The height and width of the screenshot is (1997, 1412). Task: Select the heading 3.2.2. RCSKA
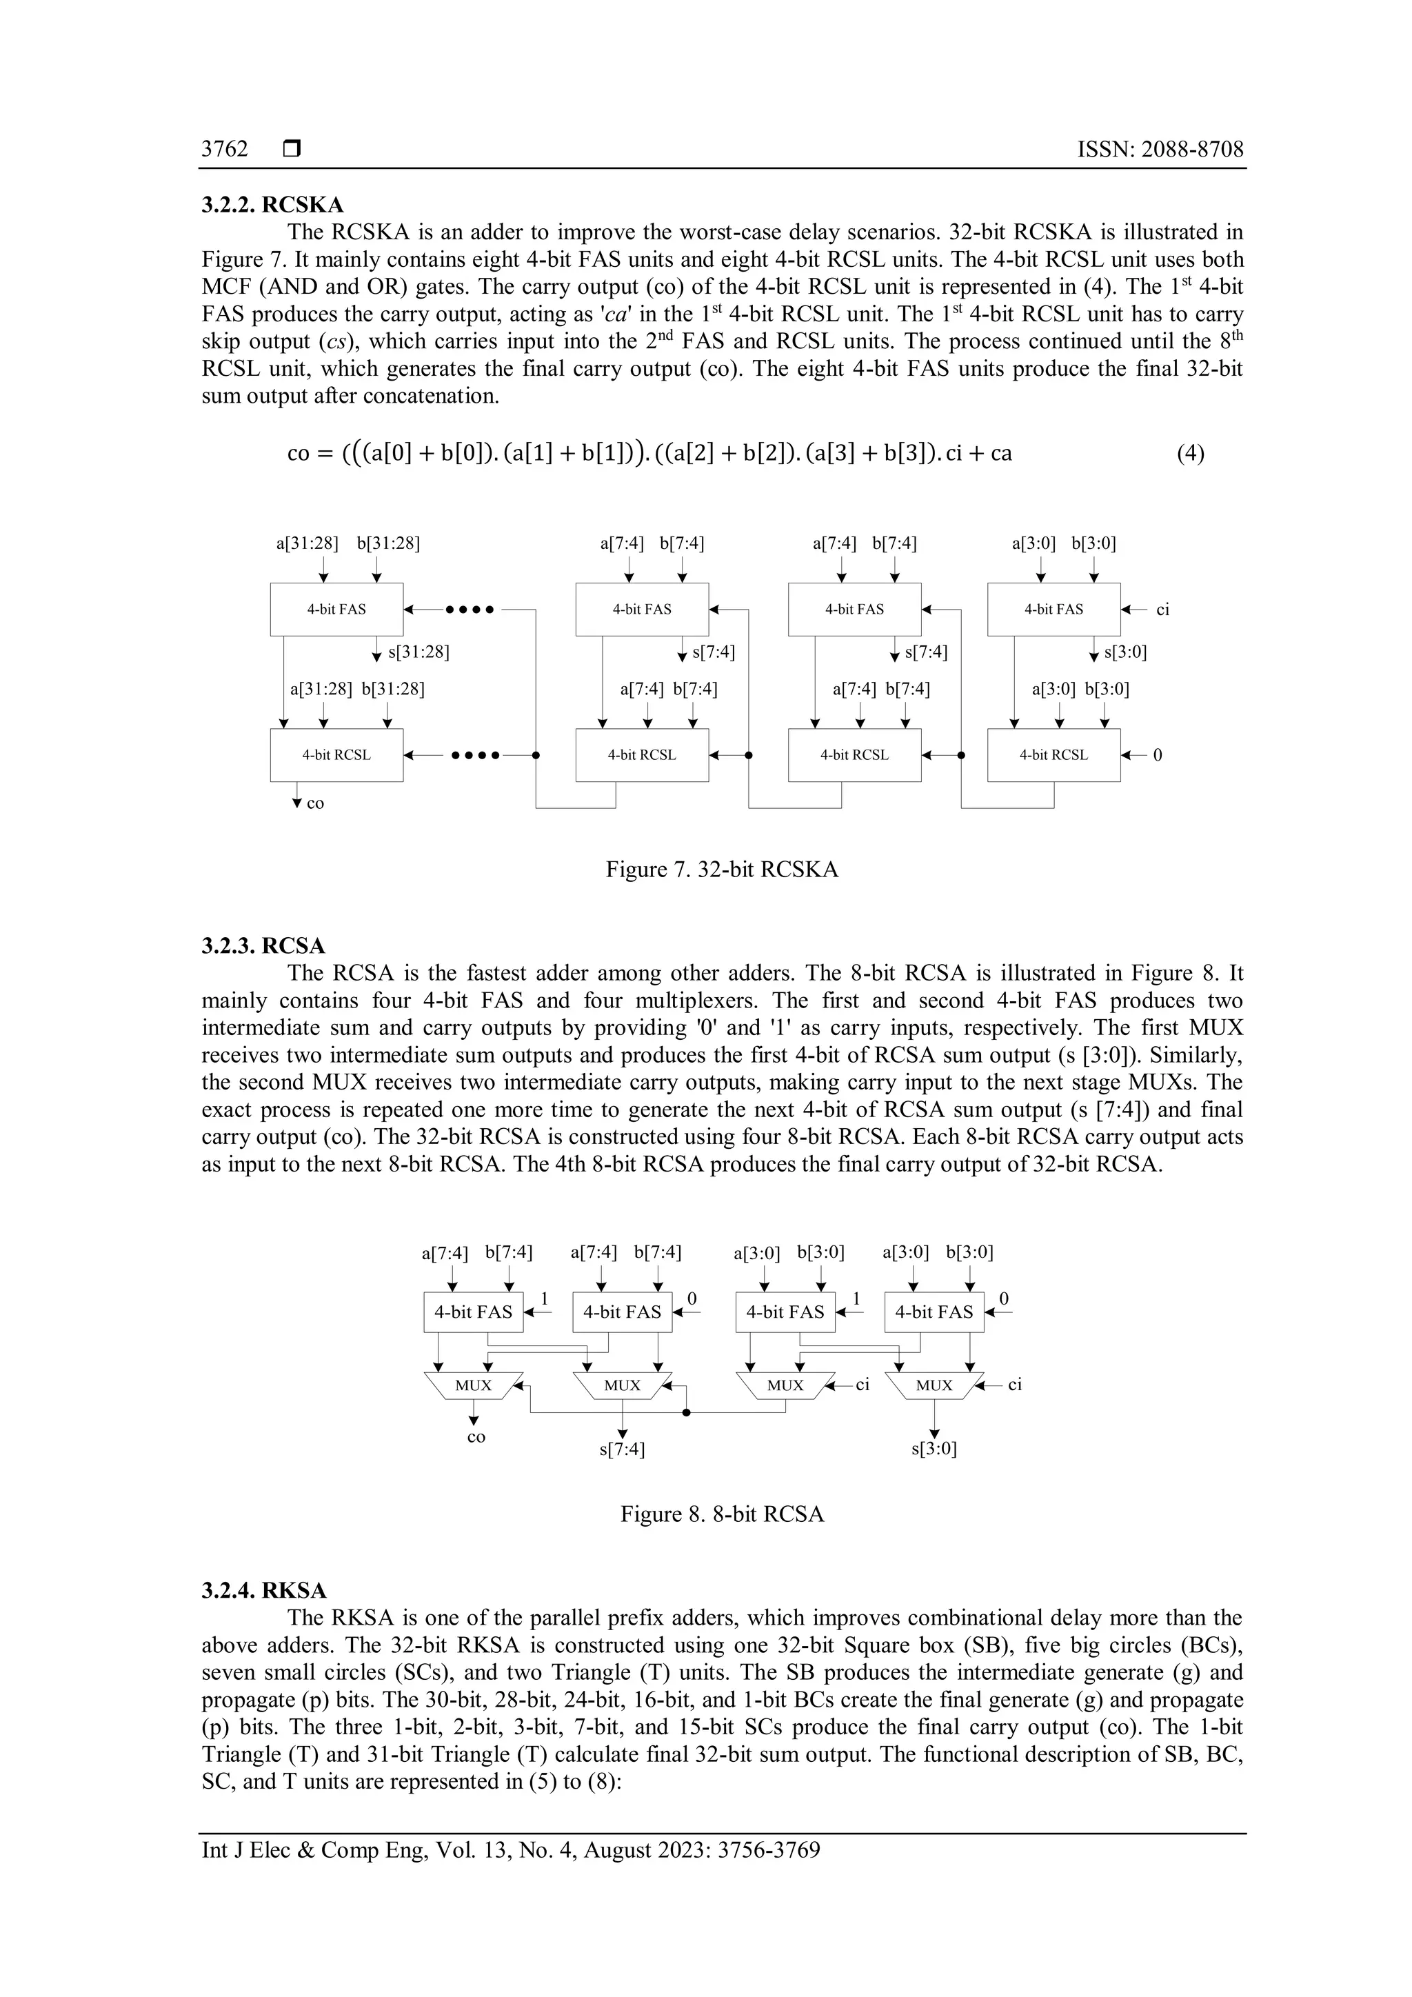tap(272, 205)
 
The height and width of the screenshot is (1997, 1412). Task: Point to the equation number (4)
tap(1190, 453)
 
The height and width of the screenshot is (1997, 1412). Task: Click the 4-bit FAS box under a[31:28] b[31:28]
tap(336, 609)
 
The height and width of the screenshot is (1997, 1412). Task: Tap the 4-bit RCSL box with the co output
tap(336, 755)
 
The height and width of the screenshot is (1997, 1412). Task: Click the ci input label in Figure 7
tap(1162, 610)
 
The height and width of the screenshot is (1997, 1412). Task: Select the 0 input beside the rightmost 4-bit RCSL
tap(1158, 755)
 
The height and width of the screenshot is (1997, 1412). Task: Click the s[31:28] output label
tap(418, 652)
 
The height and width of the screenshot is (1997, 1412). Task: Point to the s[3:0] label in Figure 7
tap(1125, 652)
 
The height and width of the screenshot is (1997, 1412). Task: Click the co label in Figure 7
tap(315, 803)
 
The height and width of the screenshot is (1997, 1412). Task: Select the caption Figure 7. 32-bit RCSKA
tap(722, 870)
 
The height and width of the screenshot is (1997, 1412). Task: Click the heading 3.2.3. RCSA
tap(263, 945)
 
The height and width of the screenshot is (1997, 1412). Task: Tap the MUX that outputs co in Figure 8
tap(474, 1385)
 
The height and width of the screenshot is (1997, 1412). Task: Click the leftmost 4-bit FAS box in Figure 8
tap(473, 1312)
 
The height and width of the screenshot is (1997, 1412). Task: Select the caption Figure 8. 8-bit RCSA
tap(722, 1514)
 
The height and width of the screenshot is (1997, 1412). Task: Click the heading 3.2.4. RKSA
tap(264, 1591)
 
